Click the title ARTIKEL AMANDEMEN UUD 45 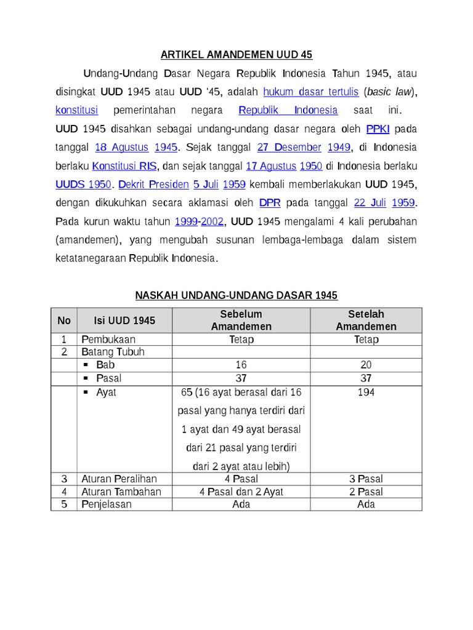236,55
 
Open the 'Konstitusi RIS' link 125,166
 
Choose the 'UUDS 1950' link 83,185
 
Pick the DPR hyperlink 270,202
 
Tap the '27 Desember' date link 289,148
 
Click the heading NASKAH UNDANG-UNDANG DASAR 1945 236,296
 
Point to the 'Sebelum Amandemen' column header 241,321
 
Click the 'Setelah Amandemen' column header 366,321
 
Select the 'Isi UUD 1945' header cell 124,321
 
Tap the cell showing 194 366,393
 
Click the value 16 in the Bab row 241,365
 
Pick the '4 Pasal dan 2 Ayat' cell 241,492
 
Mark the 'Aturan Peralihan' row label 119,479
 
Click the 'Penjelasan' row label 107,504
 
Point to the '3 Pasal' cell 366,479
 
